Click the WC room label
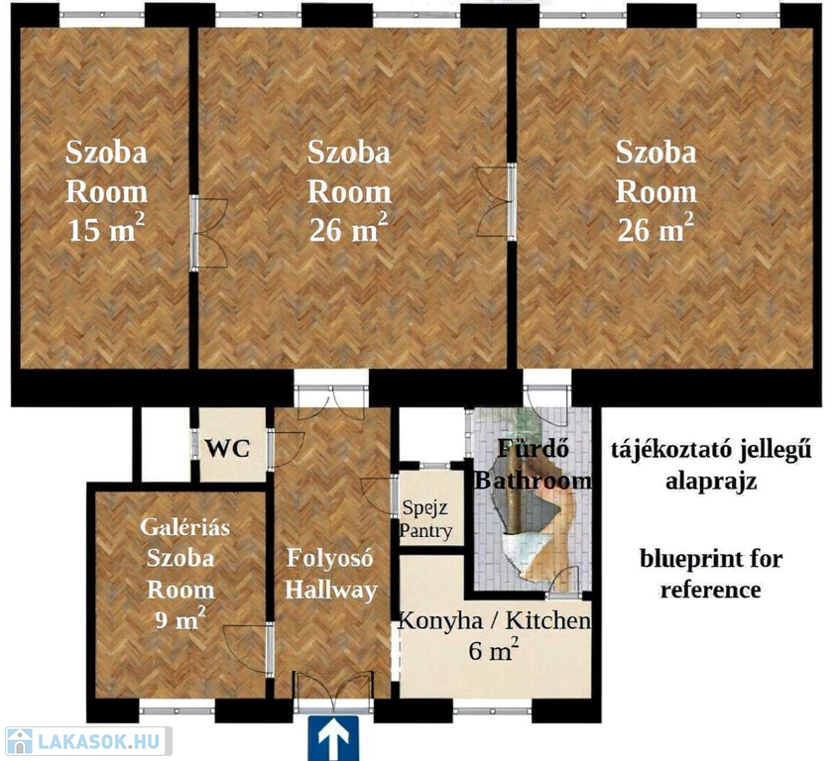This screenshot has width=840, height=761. coord(228,449)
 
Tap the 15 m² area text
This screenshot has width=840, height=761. coord(106,229)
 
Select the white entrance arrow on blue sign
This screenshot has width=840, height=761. coord(333,738)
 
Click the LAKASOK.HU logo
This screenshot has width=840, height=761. coord(88,741)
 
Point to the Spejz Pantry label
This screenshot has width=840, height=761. coord(426,518)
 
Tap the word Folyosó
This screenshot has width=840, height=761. coord(329,558)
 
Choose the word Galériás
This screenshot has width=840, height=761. coord(184,527)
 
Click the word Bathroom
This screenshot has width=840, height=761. coord(533,480)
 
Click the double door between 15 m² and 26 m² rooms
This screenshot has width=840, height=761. coord(208,233)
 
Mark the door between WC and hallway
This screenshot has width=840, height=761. coord(285,449)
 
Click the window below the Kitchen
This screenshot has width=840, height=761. coord(492,711)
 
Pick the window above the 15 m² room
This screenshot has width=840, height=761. coord(102,16)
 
